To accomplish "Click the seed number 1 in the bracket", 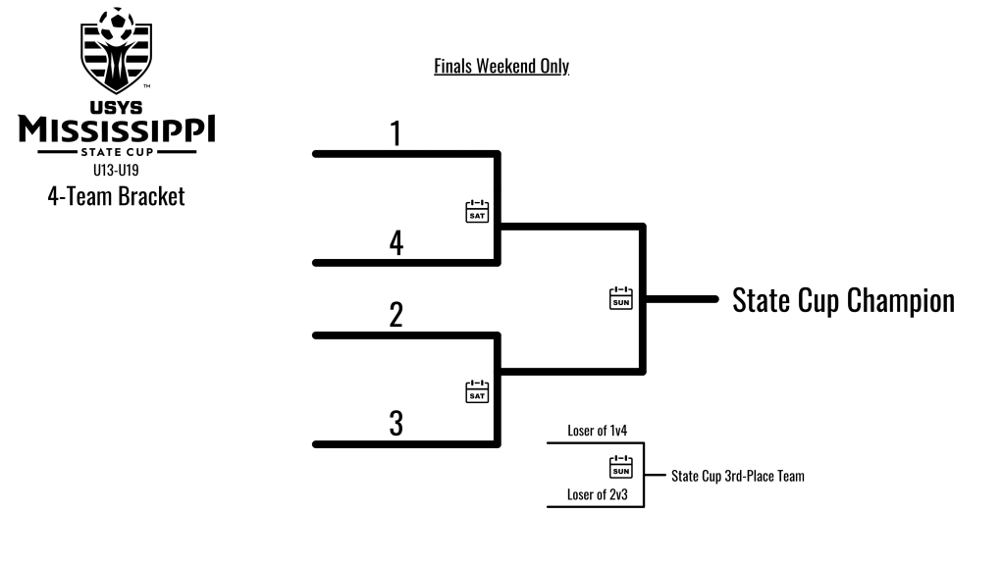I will pos(396,133).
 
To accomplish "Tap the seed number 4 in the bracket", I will pos(396,242).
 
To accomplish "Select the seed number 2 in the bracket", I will pos(396,315).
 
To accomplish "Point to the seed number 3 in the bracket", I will pos(396,424).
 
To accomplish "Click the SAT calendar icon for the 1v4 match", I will pos(477,211).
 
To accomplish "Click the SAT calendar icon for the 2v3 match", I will pos(477,391).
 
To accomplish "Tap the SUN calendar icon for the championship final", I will pos(621,298).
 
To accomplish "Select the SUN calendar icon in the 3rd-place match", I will pos(621,466).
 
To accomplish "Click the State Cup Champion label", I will pos(843,300).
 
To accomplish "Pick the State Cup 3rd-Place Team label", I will pos(737,477).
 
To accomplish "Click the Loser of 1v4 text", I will pos(600,430).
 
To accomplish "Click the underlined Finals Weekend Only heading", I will pos(501,67).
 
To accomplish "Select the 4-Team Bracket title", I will pos(117,195).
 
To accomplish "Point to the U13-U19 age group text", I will pos(117,169).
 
